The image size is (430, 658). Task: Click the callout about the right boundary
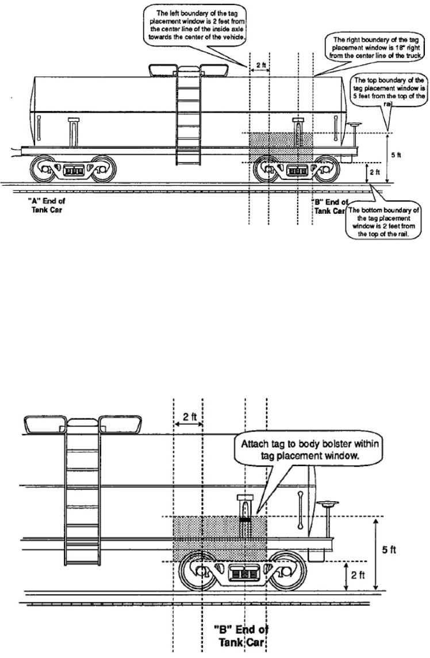(x=377, y=49)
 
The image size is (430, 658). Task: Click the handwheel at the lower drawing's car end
(x=330, y=505)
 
